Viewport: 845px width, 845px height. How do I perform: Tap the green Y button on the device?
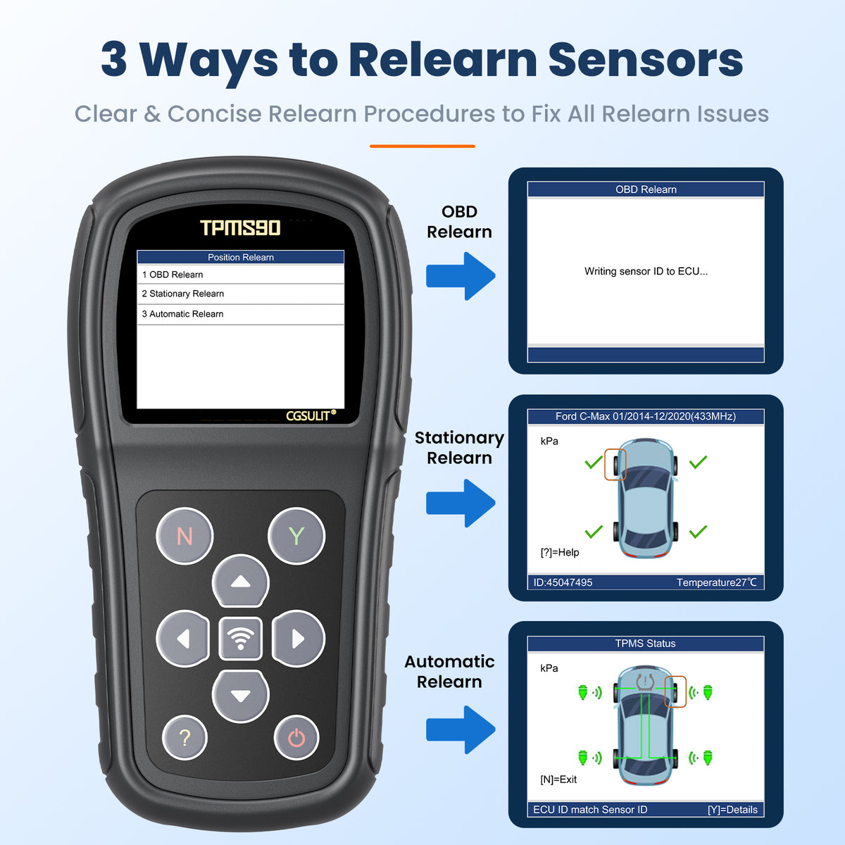tap(296, 535)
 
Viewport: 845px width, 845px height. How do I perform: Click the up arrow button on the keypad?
tap(240, 581)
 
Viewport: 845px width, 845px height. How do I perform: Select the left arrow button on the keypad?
tap(183, 639)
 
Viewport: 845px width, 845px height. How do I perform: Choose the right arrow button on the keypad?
tap(298, 639)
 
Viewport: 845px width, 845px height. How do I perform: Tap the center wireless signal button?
tap(240, 639)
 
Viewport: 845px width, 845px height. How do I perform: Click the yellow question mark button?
tap(184, 737)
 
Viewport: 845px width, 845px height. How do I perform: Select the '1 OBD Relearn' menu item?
tap(173, 275)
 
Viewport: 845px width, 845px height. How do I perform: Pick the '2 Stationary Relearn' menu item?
tap(183, 294)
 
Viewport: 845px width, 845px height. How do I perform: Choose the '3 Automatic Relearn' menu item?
tap(182, 314)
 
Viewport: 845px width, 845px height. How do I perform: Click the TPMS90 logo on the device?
tap(240, 227)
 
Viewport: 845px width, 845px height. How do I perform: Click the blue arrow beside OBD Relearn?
tap(461, 276)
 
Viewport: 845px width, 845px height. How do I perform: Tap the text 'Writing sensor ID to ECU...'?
tap(646, 271)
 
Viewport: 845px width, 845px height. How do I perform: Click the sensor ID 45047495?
tap(563, 582)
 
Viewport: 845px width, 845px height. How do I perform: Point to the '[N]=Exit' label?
tap(558, 780)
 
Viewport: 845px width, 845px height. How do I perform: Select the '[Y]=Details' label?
tap(732, 810)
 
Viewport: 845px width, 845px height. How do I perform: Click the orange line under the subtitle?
tap(423, 146)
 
